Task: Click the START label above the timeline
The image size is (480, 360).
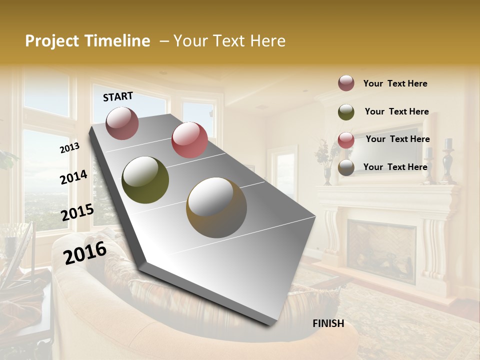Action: pos(118,96)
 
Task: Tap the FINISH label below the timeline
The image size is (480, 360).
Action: pos(328,323)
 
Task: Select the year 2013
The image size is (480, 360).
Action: pos(69,148)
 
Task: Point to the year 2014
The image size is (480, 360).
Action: pos(73,177)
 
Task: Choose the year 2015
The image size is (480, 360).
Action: pos(77,212)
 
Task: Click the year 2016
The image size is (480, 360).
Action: pos(85,252)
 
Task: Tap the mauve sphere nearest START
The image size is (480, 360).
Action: pos(122,123)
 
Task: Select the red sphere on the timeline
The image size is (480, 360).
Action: pos(189,140)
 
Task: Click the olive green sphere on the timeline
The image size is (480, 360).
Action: pos(145,180)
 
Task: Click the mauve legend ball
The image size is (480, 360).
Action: pos(346,83)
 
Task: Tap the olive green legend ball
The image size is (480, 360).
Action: pos(346,112)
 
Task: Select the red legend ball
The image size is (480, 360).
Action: pos(346,140)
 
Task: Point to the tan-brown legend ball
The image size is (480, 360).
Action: pos(346,167)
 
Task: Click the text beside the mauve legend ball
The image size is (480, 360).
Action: pos(395,84)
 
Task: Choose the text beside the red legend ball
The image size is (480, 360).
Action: pos(397,139)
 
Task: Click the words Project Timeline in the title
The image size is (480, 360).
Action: pos(87,41)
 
